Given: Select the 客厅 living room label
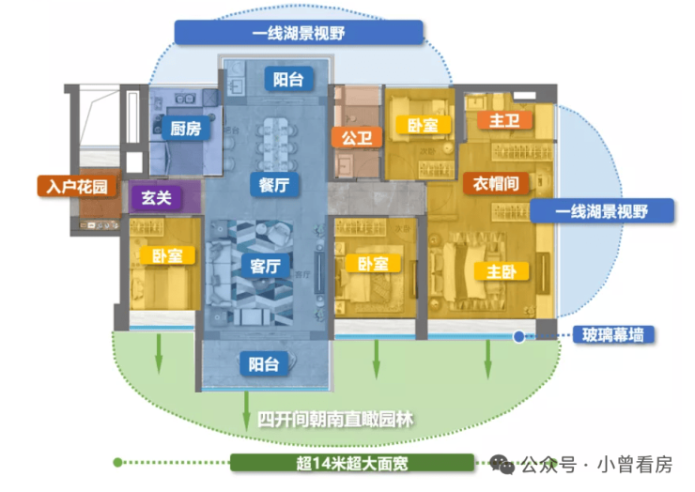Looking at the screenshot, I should tap(265, 267).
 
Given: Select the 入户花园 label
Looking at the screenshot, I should tap(78, 186).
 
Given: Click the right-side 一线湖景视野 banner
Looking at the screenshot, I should tap(602, 211).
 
